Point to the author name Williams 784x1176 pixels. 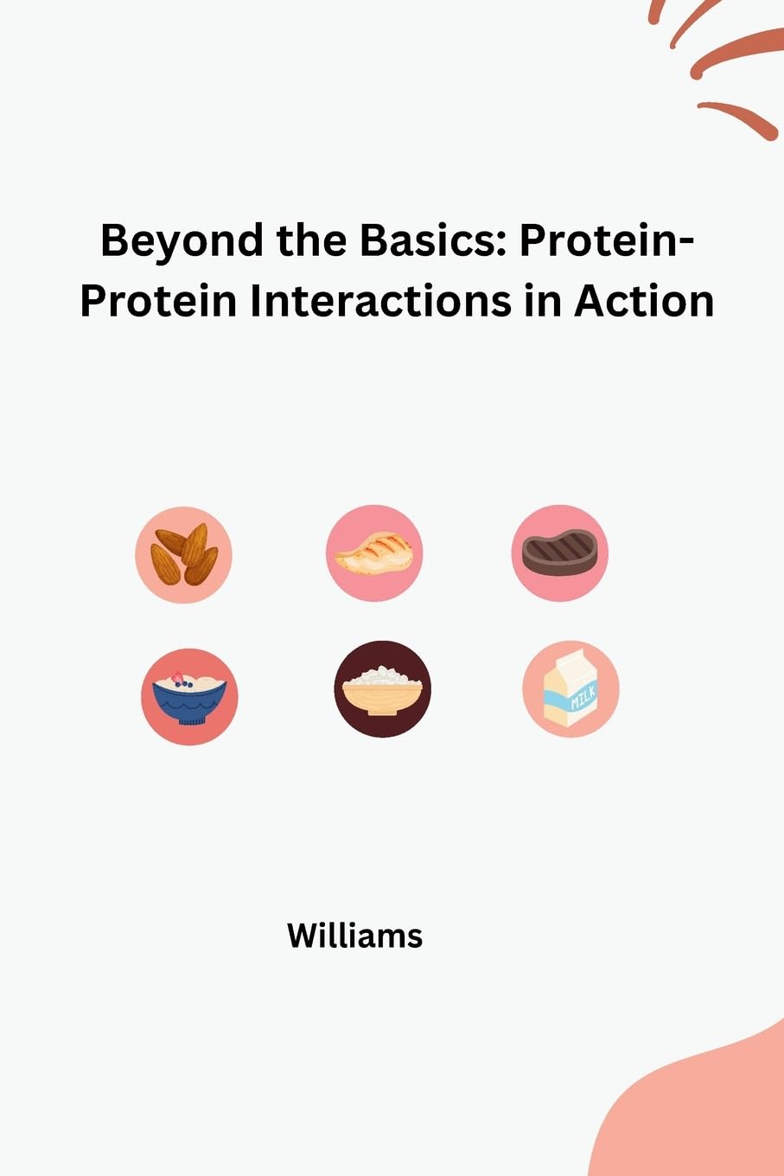coord(354,936)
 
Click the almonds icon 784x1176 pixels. coord(183,554)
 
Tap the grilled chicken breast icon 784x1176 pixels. coord(373,553)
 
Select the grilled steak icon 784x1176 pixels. coord(559,553)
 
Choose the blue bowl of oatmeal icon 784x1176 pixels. coord(189,697)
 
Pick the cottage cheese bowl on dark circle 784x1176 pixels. coord(382,689)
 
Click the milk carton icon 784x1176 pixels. coord(570,689)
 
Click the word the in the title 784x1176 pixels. coord(312,241)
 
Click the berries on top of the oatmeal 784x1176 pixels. coord(181,680)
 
